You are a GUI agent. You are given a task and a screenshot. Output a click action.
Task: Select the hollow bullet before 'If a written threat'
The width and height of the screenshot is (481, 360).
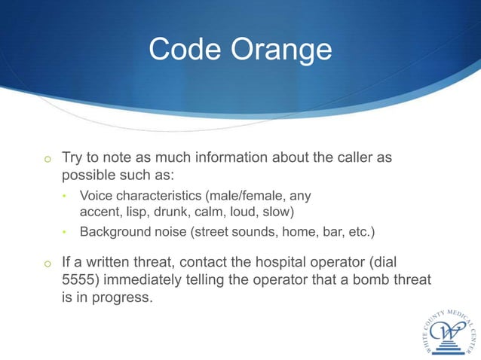47,265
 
